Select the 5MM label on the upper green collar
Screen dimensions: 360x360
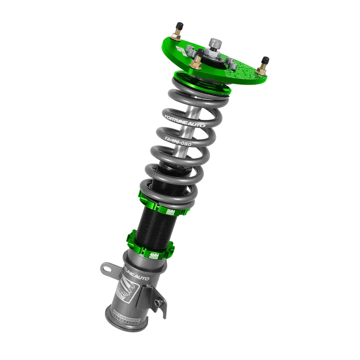(x=172, y=212)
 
